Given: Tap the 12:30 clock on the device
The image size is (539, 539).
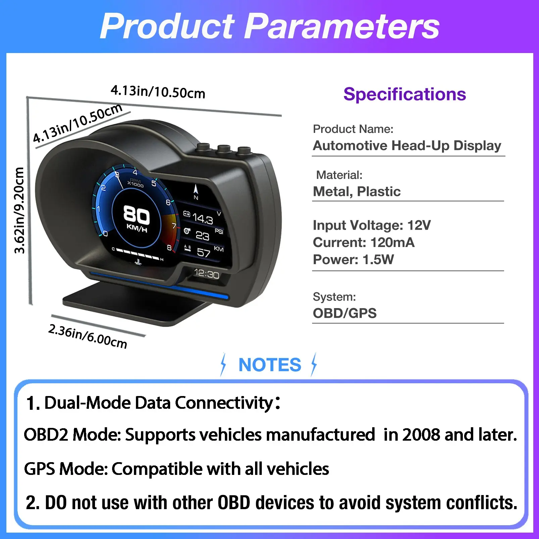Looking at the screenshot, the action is pos(206,274).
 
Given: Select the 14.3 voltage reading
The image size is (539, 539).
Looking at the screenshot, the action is pos(203,218).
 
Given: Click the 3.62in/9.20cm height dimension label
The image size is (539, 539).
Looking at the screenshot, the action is pos(19,210).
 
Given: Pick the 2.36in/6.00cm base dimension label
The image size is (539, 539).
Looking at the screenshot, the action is pos(88,336).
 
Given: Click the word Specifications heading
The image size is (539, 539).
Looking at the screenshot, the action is pos(405,94).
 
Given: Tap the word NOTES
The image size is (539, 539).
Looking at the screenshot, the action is pos(270,365).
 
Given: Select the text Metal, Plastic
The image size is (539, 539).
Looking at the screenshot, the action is pos(357,192).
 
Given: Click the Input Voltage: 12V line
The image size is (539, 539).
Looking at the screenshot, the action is pos(372,225).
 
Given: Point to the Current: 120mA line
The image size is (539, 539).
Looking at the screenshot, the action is pos(364,242).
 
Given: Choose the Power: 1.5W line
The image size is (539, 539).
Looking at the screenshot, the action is pos(353,259).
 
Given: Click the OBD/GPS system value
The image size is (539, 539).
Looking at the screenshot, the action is pos(345,313).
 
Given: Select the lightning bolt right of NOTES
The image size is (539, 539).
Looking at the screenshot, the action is pos(314,364).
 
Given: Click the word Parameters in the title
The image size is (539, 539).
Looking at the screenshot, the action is pos(341,26).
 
